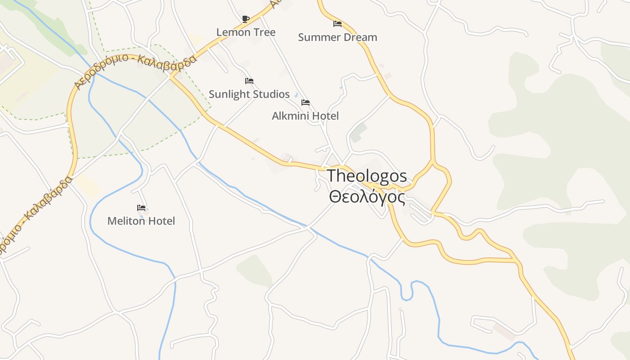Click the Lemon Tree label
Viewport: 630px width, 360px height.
[246, 32]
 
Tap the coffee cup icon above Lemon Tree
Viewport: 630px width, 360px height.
[245, 19]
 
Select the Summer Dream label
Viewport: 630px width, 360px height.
[337, 37]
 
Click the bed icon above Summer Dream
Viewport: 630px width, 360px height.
[337, 23]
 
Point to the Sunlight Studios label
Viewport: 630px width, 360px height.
[249, 94]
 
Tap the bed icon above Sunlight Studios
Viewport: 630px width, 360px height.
[249, 81]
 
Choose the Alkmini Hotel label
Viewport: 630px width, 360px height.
[305, 116]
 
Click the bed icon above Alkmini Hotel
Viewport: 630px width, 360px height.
[306, 103]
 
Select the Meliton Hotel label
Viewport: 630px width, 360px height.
[141, 221]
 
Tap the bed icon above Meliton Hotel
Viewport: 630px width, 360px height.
[141, 207]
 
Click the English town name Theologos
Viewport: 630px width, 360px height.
[367, 176]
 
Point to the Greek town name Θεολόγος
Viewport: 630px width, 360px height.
[367, 197]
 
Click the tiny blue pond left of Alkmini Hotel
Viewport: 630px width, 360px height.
[296, 95]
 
